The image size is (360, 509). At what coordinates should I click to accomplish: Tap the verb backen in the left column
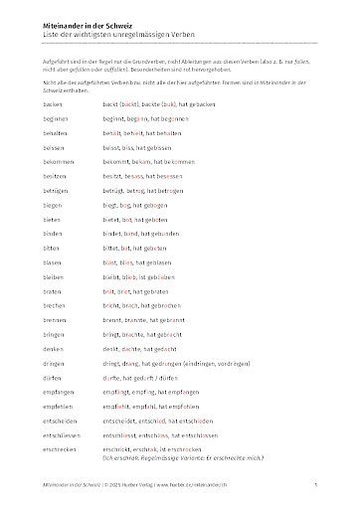53,103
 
